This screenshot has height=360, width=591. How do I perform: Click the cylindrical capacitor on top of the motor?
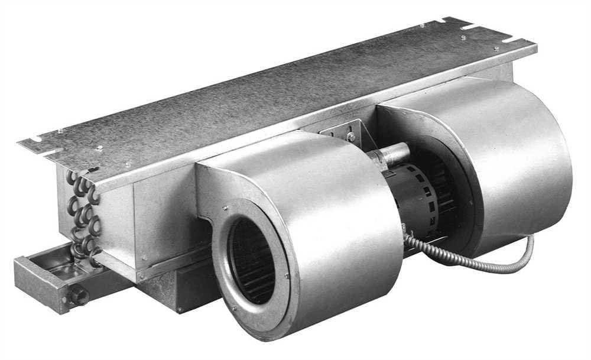390,155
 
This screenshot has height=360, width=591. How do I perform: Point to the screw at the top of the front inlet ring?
225,207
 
